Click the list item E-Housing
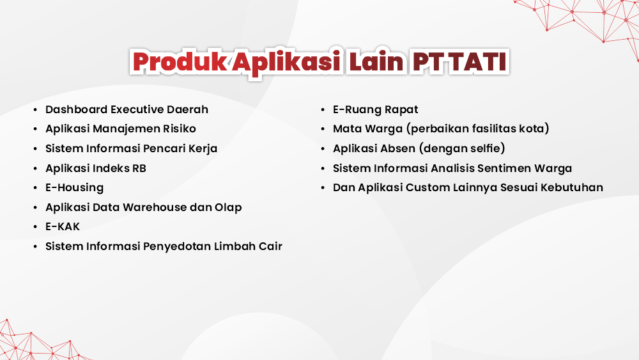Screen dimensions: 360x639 tap(74, 187)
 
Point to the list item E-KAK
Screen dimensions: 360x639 tap(63, 226)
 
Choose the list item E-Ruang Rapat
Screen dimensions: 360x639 tap(376, 109)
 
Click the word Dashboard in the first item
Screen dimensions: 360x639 tap(76, 109)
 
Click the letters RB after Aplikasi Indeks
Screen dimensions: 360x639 tap(139, 168)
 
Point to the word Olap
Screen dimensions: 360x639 tap(228, 207)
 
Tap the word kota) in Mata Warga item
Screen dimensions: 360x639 tap(534, 129)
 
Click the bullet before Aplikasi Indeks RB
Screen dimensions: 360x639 tap(36, 169)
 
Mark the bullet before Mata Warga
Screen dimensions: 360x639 tap(323, 129)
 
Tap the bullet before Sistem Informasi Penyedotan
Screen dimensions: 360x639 tap(36, 247)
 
